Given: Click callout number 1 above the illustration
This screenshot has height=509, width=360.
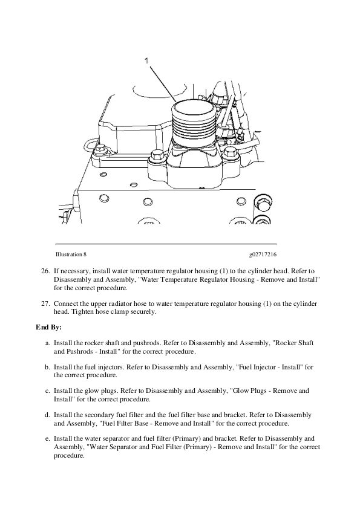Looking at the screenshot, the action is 146,60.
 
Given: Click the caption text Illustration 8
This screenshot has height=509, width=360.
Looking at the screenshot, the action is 71,254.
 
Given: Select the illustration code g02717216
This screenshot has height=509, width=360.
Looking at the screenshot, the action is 263,254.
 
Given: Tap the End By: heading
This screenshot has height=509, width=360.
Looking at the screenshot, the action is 49,327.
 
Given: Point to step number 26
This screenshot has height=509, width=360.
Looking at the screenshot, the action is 45,271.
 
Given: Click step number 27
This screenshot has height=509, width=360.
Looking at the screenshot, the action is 45,304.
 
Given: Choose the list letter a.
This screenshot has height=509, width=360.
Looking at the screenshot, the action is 47,343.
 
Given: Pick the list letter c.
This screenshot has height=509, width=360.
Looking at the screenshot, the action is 47,391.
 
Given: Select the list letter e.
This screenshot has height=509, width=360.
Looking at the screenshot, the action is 47,439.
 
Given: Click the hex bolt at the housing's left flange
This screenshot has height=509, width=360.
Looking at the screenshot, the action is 157,155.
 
